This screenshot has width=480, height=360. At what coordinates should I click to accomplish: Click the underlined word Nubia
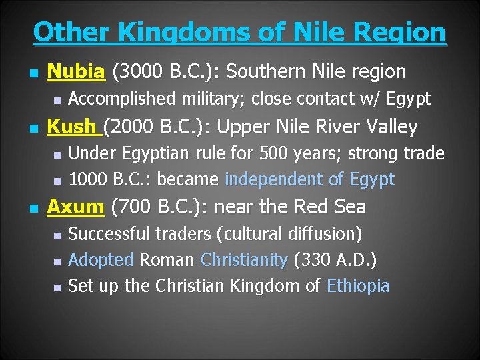tap(75, 71)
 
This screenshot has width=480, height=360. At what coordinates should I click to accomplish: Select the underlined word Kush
tap(71, 126)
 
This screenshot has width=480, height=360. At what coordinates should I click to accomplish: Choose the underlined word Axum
tap(75, 207)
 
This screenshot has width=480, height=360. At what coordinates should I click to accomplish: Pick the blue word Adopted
tap(101, 260)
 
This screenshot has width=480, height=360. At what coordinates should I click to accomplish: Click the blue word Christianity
tap(243, 260)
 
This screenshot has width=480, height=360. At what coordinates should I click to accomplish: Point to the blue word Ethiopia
tap(358, 286)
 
